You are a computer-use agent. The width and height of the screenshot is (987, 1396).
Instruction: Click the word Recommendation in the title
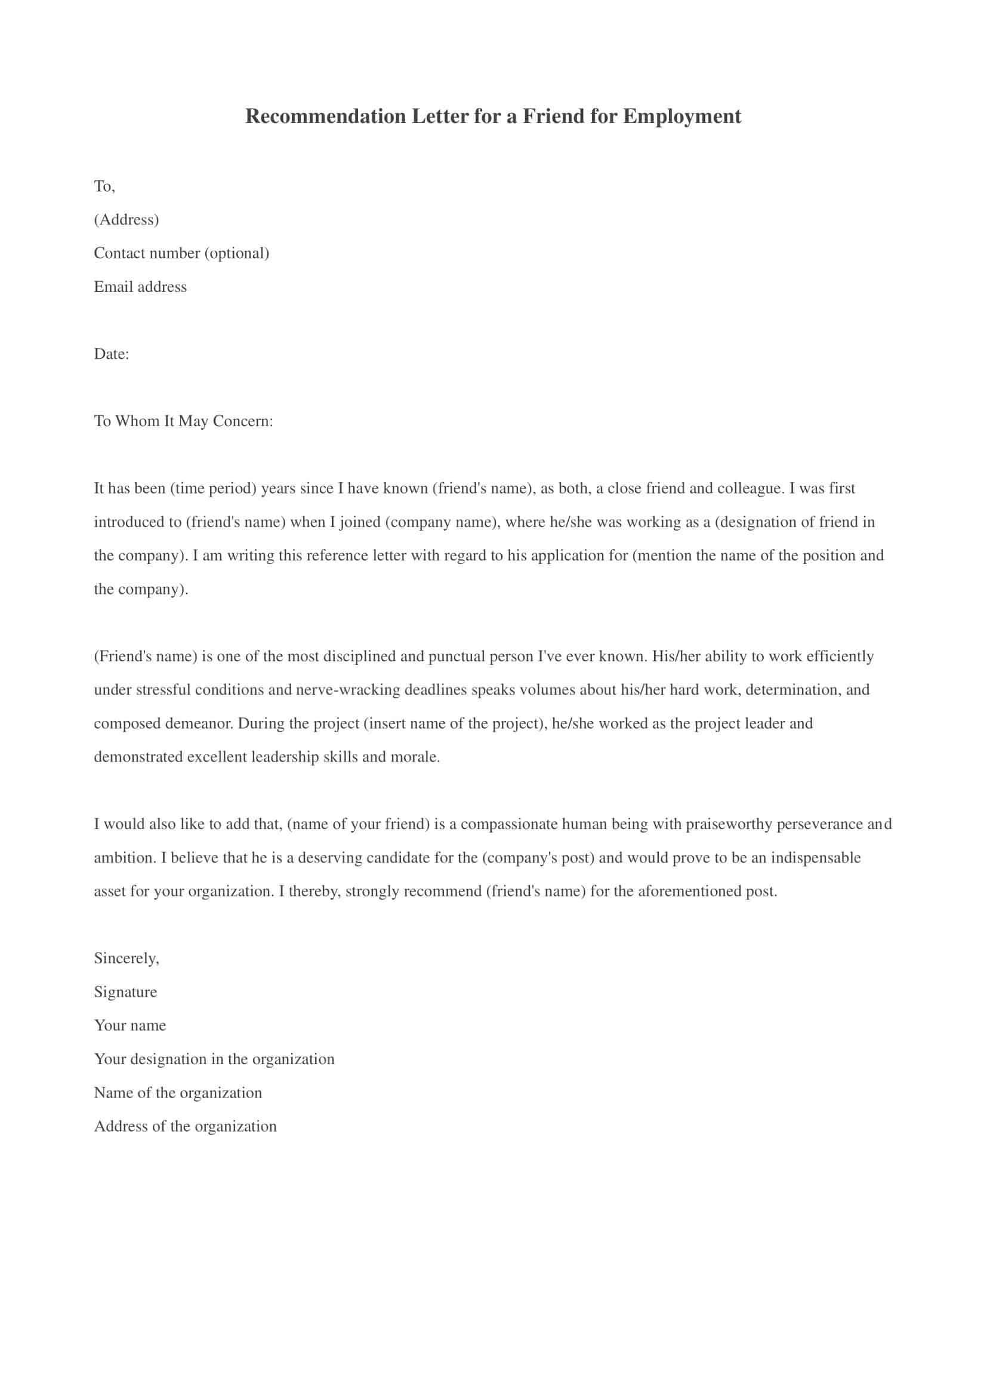(x=325, y=117)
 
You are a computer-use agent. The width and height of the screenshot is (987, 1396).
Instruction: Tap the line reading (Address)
(x=127, y=220)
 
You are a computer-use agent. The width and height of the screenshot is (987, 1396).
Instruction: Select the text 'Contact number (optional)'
(x=181, y=253)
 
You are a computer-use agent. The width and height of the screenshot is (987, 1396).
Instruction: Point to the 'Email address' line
(x=140, y=287)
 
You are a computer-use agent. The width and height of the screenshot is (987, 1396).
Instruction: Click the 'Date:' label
(x=111, y=354)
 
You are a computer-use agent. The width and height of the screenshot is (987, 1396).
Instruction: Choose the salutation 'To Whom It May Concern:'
(x=184, y=421)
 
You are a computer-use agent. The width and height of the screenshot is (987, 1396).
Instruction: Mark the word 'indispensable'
(x=816, y=858)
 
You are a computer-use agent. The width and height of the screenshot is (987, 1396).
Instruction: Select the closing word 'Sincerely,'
(x=127, y=959)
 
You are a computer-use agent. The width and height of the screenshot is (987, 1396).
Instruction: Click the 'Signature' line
(x=125, y=993)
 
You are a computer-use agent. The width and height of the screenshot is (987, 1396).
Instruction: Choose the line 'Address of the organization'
(x=185, y=1127)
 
